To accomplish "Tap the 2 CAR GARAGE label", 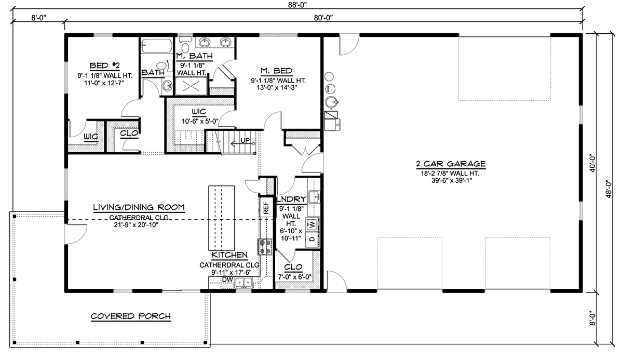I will tap(450, 163).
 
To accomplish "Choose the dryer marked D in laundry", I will tap(311, 239).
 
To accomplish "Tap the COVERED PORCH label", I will tap(130, 316).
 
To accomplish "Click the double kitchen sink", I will tap(242, 283).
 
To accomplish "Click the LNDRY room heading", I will tap(291, 198).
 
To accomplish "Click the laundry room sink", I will tap(314, 196).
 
